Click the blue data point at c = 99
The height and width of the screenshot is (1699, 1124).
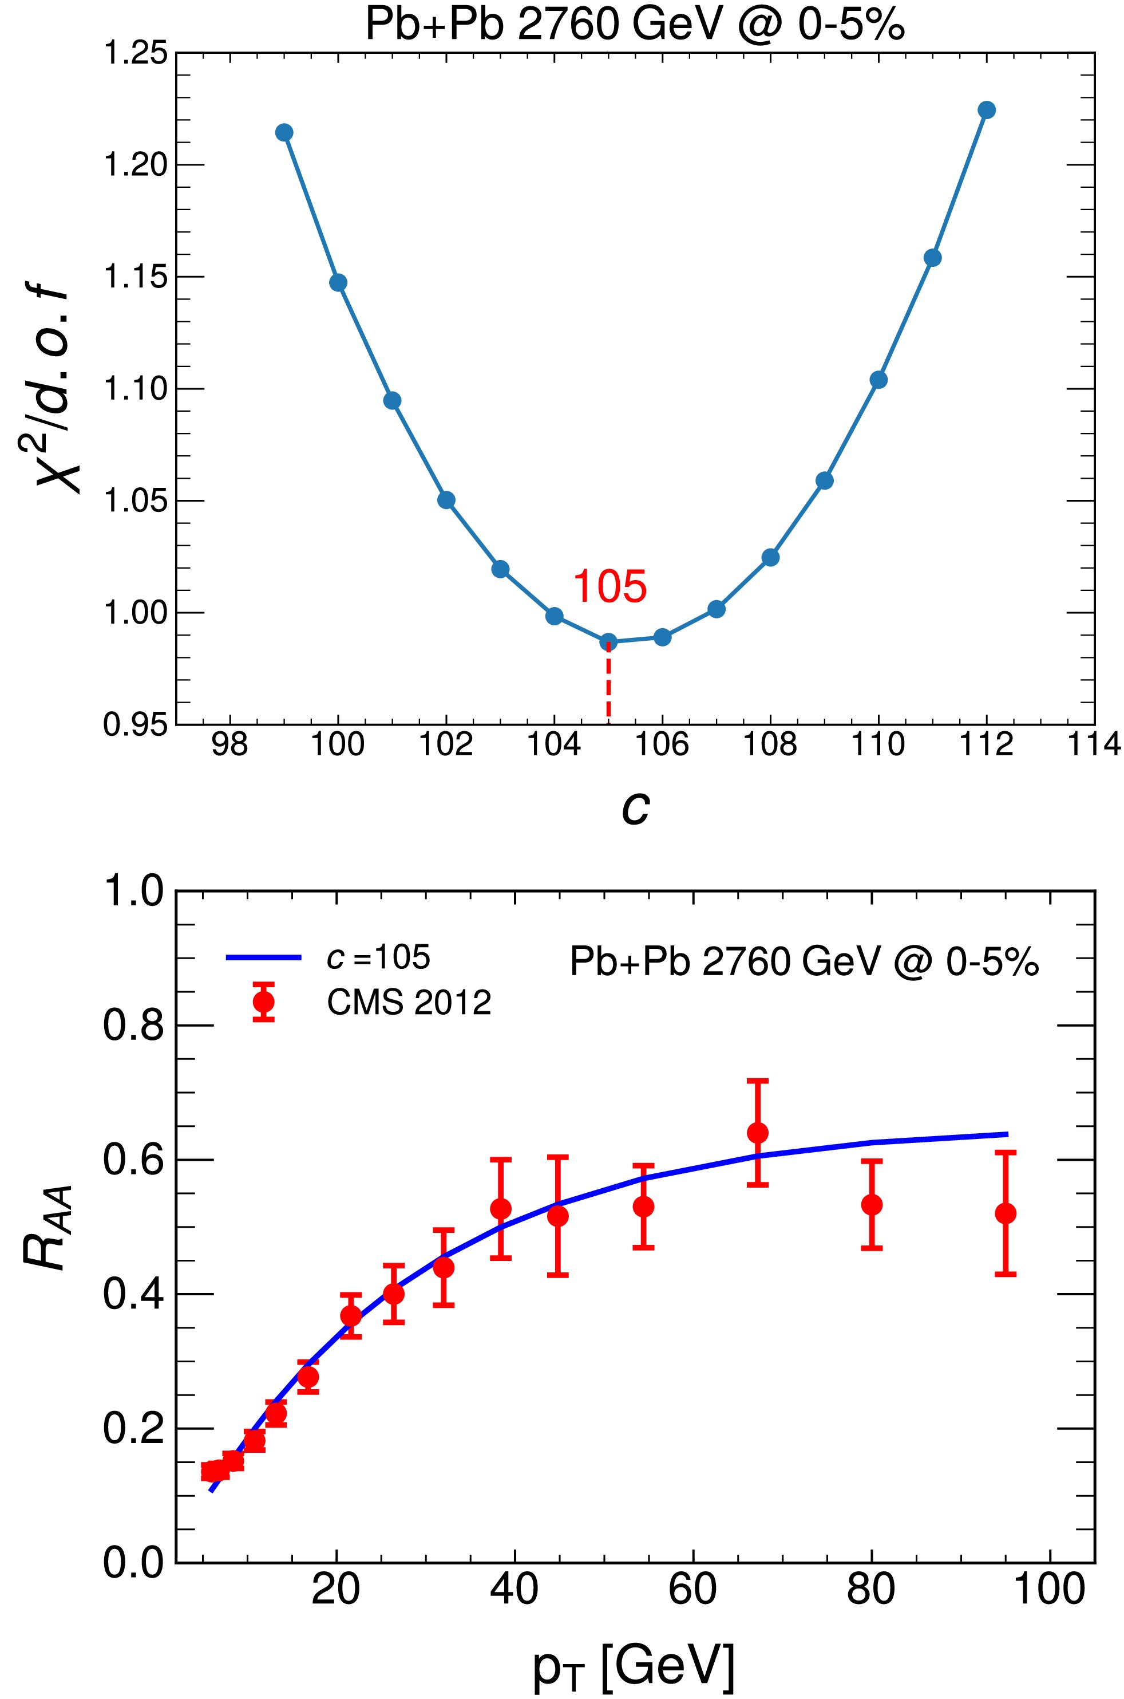tap(284, 132)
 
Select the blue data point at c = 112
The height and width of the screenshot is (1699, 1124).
tap(987, 110)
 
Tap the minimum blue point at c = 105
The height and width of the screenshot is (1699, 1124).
tap(608, 641)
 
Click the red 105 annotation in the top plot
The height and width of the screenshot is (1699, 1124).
tap(610, 586)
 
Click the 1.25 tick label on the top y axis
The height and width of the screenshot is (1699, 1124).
tap(136, 54)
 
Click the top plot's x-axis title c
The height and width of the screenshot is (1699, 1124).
tap(635, 807)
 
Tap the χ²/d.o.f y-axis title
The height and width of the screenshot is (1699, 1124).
tap(54, 391)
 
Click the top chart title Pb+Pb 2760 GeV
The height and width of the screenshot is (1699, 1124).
tap(635, 23)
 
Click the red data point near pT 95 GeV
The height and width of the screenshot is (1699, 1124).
tap(1006, 1213)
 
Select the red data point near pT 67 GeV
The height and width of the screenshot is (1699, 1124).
tap(758, 1133)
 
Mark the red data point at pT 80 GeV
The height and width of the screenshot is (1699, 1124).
tap(872, 1205)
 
